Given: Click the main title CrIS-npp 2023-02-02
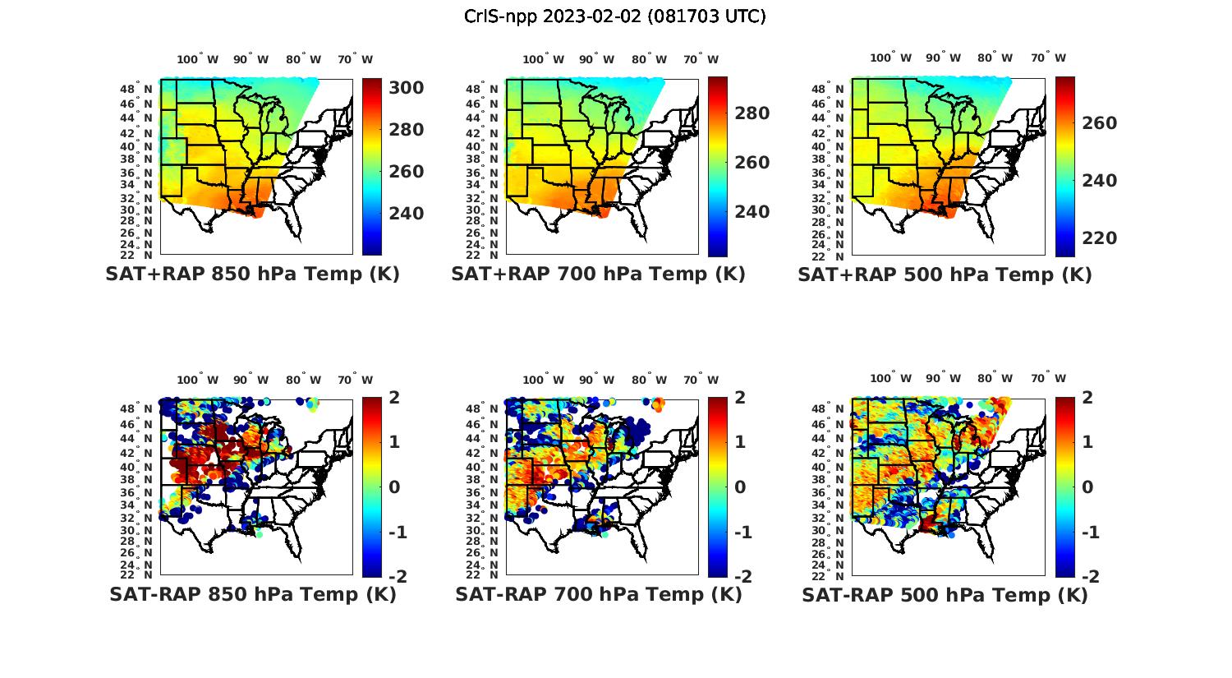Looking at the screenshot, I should [614, 16].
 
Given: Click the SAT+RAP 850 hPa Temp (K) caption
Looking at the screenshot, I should [252, 274].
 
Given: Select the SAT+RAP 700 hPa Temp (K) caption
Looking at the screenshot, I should [598, 274].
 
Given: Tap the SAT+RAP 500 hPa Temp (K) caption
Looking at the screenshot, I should [945, 274].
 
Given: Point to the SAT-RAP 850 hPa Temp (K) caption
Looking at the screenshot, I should [252, 595].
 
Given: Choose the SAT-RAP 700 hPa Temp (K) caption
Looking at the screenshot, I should [598, 595].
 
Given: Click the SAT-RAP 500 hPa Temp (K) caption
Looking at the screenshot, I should [945, 595].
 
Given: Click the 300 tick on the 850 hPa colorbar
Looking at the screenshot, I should [406, 88].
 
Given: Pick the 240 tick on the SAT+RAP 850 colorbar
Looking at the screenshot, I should [406, 214].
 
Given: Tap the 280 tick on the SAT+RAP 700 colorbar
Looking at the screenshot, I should [752, 113].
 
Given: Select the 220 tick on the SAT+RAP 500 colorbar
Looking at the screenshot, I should [1099, 238].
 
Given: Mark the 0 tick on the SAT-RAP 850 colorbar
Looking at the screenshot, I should [393, 487].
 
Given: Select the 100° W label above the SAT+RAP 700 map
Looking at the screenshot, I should [543, 59].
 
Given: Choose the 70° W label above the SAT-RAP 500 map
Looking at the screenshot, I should [1048, 380].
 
